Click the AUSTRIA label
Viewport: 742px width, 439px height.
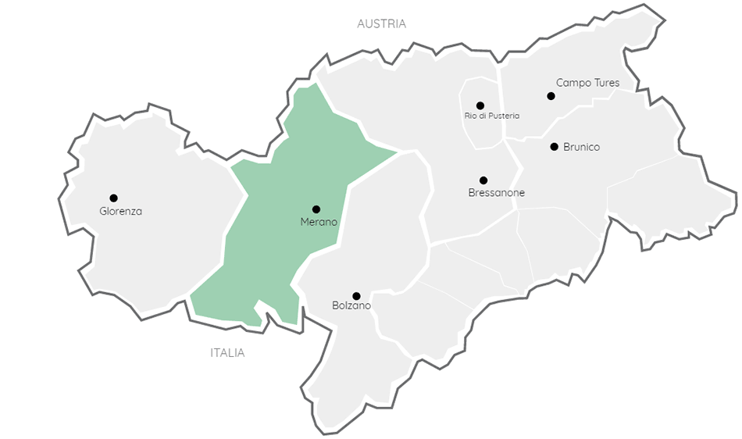[381, 23]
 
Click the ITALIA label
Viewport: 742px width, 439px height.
[227, 353]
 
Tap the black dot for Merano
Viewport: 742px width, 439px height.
[316, 209]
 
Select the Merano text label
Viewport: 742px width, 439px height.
[319, 223]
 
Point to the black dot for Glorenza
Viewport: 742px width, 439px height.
[113, 198]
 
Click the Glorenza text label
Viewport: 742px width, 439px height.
[121, 211]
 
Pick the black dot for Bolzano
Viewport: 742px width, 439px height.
[356, 296]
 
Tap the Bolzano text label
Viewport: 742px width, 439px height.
[351, 305]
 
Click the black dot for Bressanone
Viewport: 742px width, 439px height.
[483, 180]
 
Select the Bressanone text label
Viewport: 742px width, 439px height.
[497, 193]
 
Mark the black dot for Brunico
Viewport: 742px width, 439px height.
[554, 146]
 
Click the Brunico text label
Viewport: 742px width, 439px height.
[581, 147]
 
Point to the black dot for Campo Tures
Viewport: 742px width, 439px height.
[551, 96]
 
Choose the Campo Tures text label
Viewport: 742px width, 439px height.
[587, 83]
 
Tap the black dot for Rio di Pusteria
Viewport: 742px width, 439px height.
[480, 105]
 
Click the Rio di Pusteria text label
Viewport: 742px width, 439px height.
[491, 116]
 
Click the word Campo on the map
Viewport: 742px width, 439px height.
[573, 83]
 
